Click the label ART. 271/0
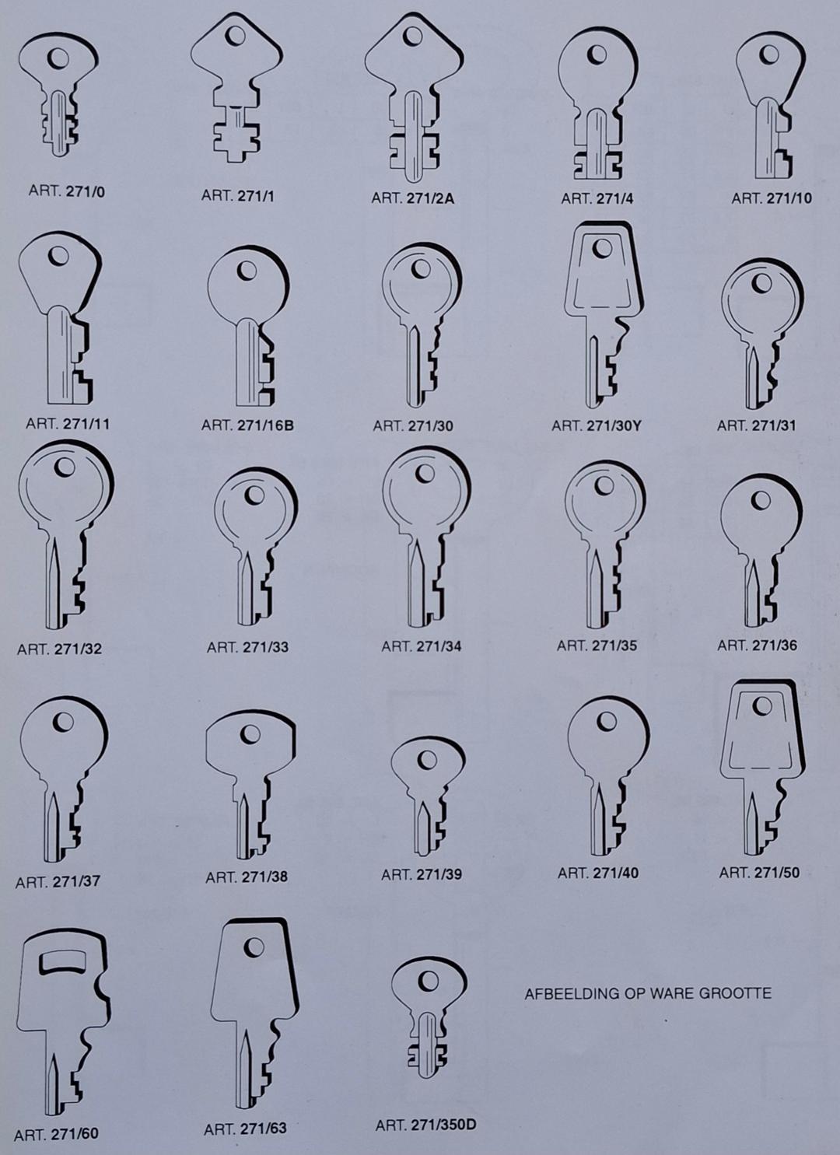[x=67, y=191]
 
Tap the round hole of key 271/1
[x=236, y=35]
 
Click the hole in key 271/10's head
[x=769, y=54]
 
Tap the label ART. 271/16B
[x=247, y=426]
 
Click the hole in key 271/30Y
[x=602, y=248]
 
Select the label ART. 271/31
[x=756, y=425]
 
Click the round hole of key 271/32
[x=66, y=467]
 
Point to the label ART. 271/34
[x=422, y=646]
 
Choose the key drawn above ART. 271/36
[x=761, y=551]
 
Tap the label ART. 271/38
[x=247, y=877]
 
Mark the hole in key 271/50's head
[x=762, y=706]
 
